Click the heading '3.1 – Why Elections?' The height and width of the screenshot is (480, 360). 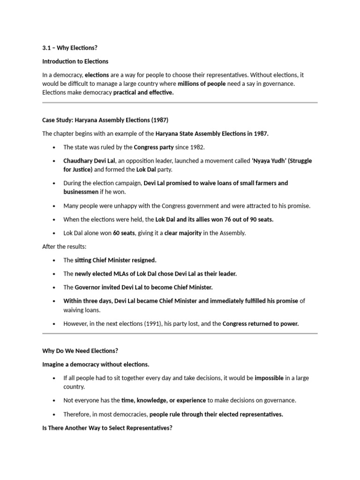point(70,48)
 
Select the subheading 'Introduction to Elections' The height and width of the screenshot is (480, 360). point(75,61)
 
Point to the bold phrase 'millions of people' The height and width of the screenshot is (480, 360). point(202,84)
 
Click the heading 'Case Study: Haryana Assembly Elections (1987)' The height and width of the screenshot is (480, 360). point(105,120)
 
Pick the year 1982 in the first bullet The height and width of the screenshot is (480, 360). point(197,147)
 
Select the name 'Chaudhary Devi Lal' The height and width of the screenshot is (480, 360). point(89,161)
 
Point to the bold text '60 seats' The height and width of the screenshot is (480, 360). point(124,233)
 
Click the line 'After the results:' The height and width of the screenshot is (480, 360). point(64,246)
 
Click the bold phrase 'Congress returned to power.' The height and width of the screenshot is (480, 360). point(260,323)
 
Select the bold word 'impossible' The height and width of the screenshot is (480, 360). point(269,378)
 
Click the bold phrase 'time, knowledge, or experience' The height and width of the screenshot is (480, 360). point(164,400)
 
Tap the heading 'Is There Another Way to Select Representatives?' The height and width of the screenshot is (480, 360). point(107,427)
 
